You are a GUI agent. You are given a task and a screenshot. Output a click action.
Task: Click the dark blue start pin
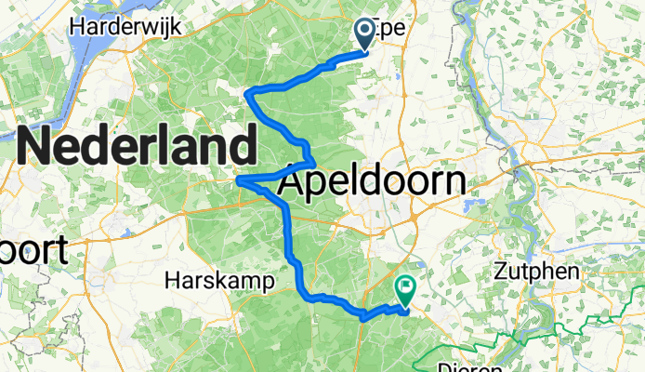[364, 34]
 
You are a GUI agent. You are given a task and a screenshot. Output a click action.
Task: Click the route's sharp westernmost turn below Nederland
[239, 179]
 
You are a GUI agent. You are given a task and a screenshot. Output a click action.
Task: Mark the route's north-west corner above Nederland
[246, 90]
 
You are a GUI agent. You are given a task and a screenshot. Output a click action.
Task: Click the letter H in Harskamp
[171, 279]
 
